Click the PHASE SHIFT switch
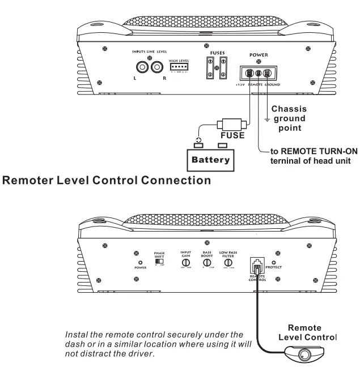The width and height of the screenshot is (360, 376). coord(159,263)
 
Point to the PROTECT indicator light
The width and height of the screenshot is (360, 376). coord(274,262)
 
